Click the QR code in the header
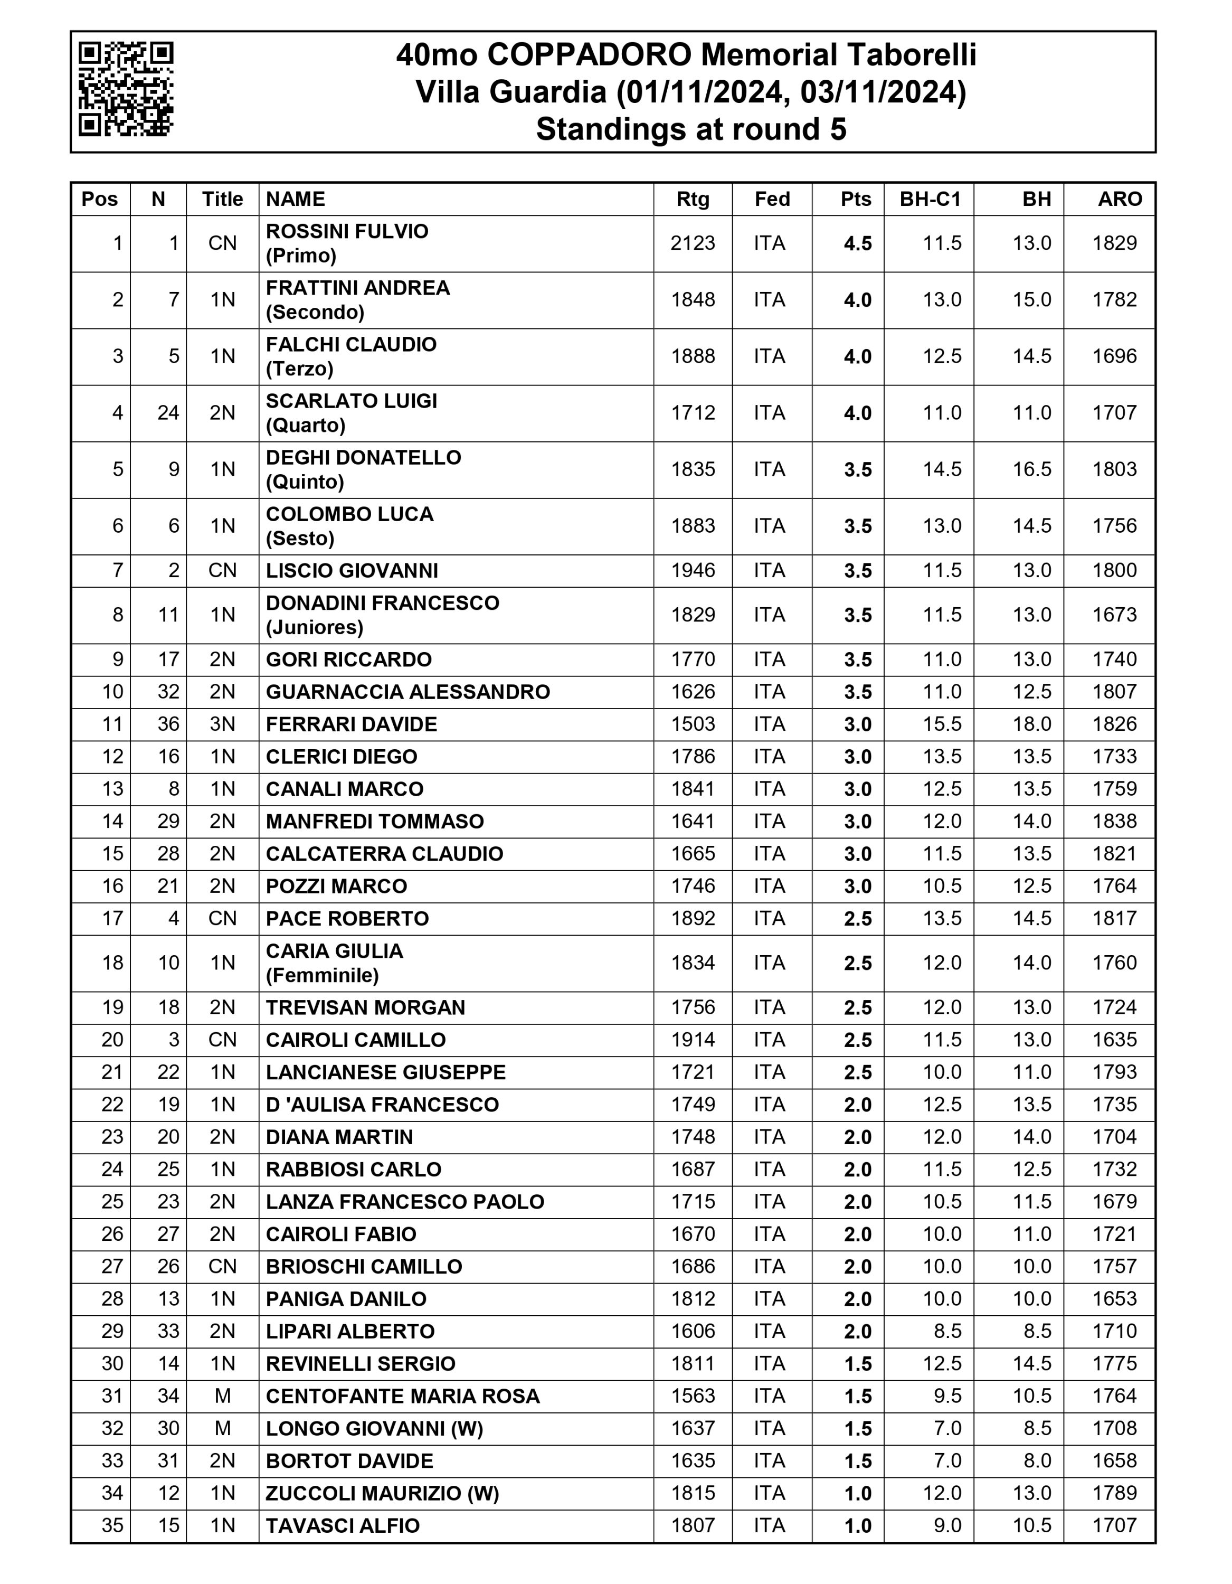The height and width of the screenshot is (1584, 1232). [x=126, y=89]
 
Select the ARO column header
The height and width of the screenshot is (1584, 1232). [x=1119, y=199]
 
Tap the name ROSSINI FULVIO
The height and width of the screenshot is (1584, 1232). [x=347, y=231]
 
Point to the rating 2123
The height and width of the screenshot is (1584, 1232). [x=693, y=243]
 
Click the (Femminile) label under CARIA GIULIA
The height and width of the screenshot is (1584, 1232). [x=322, y=976]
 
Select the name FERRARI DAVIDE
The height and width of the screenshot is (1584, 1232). [x=351, y=724]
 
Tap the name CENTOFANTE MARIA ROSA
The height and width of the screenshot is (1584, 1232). [x=402, y=1396]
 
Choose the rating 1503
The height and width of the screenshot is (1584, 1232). [x=693, y=724]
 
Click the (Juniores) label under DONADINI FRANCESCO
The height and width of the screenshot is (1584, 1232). [x=314, y=627]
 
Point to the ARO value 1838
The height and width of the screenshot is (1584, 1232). [x=1114, y=821]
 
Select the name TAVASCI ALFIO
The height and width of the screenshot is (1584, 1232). [x=342, y=1526]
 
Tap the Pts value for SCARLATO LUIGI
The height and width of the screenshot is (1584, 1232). [x=857, y=413]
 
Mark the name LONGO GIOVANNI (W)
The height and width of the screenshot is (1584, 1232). [x=374, y=1429]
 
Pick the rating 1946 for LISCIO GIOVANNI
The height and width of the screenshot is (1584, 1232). [x=693, y=571]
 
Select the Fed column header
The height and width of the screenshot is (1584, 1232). [x=772, y=199]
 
